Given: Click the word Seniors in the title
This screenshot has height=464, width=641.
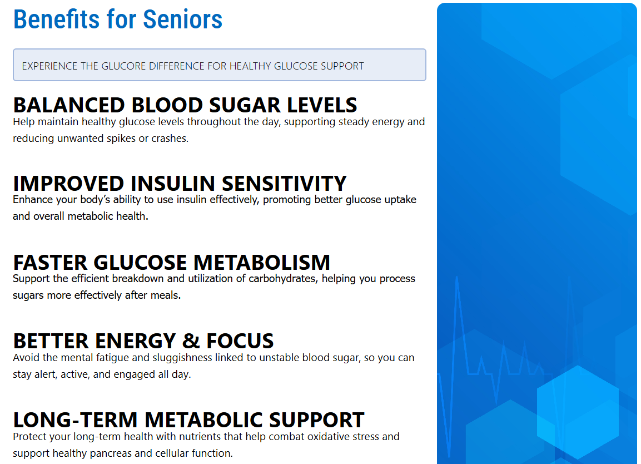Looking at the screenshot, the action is [x=182, y=19].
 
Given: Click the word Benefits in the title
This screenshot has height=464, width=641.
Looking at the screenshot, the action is [x=56, y=19].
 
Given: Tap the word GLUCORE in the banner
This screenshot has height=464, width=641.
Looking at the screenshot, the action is [x=123, y=66].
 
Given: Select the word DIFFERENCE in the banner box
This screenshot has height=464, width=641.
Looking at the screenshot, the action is [x=177, y=66].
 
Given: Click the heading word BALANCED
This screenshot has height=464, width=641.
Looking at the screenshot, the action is [x=69, y=105].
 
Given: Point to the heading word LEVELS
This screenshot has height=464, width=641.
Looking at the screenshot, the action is [x=322, y=105].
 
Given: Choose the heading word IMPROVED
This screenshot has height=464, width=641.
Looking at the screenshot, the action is [x=69, y=183].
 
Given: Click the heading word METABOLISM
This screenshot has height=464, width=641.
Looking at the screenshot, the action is [x=262, y=262].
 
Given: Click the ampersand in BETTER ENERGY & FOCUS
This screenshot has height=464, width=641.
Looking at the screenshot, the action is [x=191, y=341].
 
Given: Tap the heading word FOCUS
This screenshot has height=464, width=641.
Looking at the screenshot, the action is [x=240, y=341].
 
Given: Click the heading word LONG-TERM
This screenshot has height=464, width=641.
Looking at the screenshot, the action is [x=75, y=420].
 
